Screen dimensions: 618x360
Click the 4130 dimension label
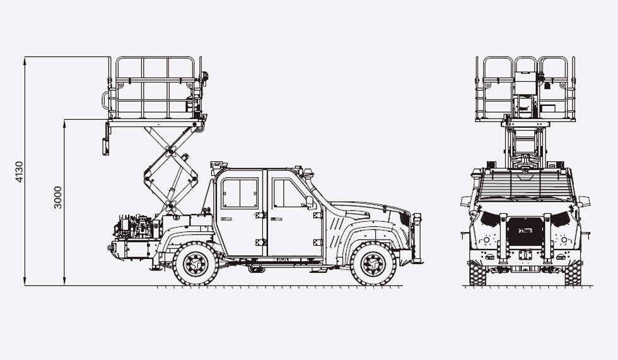(x=19, y=171)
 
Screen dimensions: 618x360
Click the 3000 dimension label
(x=58, y=197)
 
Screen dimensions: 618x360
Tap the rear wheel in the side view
(x=196, y=263)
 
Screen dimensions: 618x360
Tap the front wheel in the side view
(x=373, y=263)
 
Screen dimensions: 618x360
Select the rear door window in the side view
(x=240, y=193)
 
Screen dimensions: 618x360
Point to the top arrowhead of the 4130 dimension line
(x=25, y=60)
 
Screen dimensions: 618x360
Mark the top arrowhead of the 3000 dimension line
(x=64, y=123)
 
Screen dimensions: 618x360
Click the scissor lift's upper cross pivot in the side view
(x=170, y=151)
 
